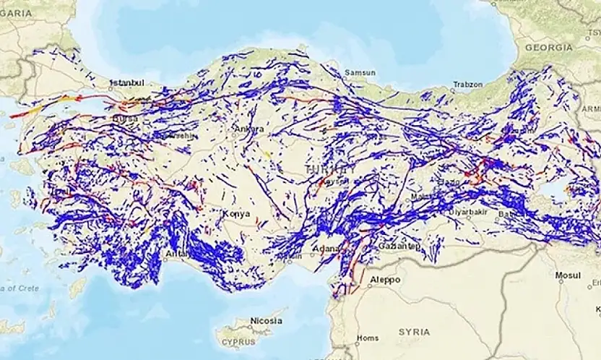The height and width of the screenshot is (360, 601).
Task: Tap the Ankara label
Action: click(248, 129)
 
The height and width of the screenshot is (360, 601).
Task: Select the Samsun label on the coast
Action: click(360, 73)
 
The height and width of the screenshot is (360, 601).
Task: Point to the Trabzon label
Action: click(467, 85)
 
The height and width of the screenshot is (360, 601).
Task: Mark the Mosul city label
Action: click(567, 275)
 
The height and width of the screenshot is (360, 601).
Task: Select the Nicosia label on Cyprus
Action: click(266, 320)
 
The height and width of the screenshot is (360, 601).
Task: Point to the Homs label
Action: click(368, 338)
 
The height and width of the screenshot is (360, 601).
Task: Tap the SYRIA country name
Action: click(414, 332)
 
